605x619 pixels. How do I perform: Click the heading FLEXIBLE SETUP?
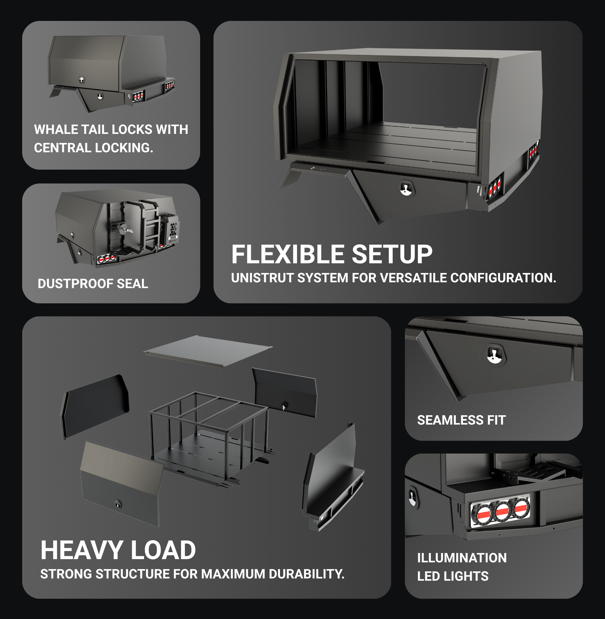pyautogui.click(x=332, y=254)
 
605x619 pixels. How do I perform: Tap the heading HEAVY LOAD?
pyautogui.click(x=118, y=550)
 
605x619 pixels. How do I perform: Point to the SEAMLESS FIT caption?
pyautogui.click(x=461, y=420)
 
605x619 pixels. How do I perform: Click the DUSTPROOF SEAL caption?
pyautogui.click(x=93, y=284)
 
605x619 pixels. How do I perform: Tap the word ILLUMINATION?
pyautogui.click(x=462, y=558)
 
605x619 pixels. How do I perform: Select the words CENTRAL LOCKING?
pyautogui.click(x=93, y=148)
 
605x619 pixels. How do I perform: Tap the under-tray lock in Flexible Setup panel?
pyautogui.click(x=407, y=189)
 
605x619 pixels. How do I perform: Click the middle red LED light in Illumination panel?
pyautogui.click(x=503, y=511)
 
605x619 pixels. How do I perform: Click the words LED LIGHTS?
pyautogui.click(x=453, y=576)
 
